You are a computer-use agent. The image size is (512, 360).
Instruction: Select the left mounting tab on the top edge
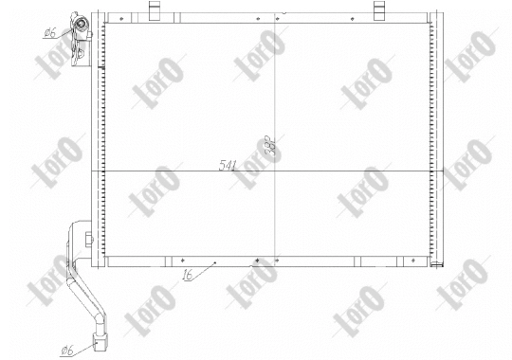pos(154,10)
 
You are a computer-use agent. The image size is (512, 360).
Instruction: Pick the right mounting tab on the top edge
pos(379,10)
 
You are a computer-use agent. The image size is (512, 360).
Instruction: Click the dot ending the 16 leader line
pos(217,262)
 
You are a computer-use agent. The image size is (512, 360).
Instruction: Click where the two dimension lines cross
pos(275,171)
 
